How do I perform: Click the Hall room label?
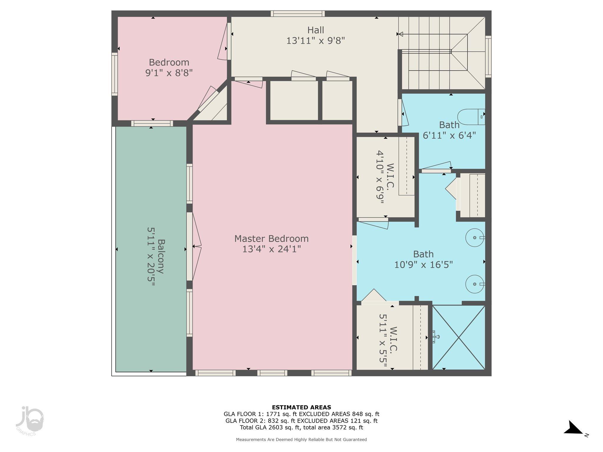point(316,30)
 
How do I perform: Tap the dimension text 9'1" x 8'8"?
point(169,73)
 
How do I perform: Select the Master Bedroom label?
point(271,238)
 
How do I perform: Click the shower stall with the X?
point(459,337)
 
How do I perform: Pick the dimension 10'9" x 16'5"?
point(423,265)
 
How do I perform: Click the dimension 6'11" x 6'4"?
point(449,135)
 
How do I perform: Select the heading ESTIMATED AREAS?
point(301,407)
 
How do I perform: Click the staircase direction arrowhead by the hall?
point(400,34)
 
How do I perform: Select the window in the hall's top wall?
point(298,14)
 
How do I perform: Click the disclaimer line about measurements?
point(301,440)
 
